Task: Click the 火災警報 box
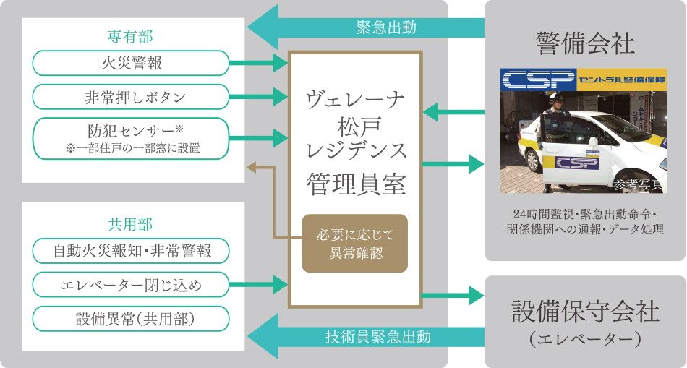(131, 63)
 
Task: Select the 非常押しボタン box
(131, 97)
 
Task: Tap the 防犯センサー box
(131, 139)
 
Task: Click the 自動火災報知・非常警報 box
(131, 251)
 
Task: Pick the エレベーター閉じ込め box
(131, 285)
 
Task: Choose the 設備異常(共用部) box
(131, 319)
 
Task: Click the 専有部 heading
(131, 36)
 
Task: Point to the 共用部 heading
(131, 225)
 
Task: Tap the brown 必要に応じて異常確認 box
(354, 244)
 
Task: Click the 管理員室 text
(355, 183)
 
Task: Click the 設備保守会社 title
(585, 312)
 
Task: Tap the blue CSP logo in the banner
(538, 80)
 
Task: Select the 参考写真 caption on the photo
(636, 184)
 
